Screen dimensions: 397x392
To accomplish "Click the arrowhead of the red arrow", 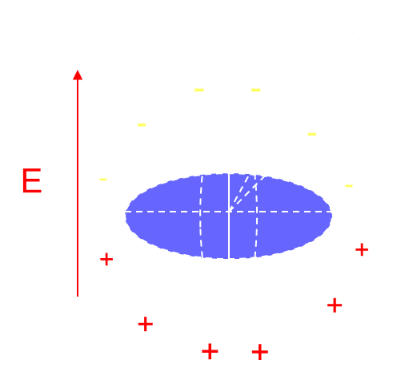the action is [x=78, y=75].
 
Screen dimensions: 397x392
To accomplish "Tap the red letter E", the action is [x=32, y=180].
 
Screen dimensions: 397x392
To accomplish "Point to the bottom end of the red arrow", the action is [x=78, y=296].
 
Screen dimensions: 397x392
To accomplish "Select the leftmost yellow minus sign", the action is [x=103, y=180].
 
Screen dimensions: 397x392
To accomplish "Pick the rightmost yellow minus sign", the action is [x=349, y=186].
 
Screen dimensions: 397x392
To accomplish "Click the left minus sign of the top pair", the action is [x=199, y=90].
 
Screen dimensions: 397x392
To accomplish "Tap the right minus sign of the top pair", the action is [x=255, y=90].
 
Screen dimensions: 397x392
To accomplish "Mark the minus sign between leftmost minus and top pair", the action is [x=142, y=124].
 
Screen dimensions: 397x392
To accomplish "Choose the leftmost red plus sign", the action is [x=106, y=259].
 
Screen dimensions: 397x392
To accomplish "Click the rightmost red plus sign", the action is [x=362, y=249].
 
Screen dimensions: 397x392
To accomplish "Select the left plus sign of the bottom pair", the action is [x=210, y=351].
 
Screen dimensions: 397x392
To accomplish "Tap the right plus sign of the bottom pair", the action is [x=260, y=352].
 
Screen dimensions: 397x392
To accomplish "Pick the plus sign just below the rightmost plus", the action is [x=335, y=305].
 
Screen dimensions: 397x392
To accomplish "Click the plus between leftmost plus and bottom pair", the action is [x=146, y=324].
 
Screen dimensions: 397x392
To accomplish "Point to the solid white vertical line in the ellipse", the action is [x=229, y=216].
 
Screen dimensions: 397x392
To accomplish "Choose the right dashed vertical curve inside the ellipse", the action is [x=257, y=216].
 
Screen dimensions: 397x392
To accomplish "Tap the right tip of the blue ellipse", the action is [x=331, y=214].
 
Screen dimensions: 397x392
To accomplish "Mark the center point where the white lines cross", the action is [x=229, y=212].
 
